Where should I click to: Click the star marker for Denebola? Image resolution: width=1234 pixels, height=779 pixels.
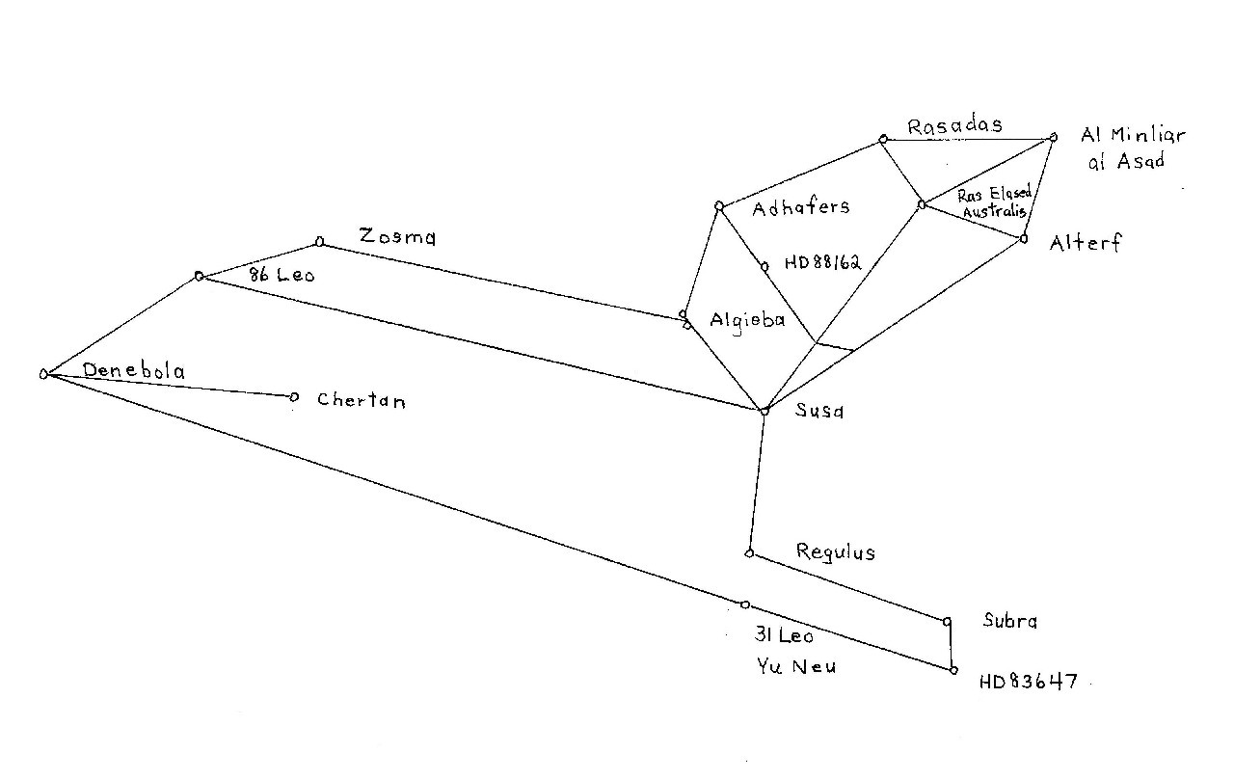coord(43,374)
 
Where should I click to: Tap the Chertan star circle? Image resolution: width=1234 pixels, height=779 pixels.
coord(294,396)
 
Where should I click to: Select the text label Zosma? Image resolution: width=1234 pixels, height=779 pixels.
coord(396,235)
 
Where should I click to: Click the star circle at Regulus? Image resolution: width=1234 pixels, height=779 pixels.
coord(749,553)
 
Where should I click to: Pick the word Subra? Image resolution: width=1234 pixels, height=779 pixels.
coord(1009,622)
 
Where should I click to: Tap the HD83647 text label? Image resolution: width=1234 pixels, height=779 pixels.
coord(1028,683)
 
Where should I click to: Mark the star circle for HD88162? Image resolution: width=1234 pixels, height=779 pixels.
coord(764,267)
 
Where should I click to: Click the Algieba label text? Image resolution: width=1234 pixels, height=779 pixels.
coord(747,320)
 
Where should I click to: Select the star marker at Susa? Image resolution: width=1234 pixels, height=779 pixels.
coord(765,411)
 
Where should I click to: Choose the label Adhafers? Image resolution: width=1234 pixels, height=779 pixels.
coord(800,206)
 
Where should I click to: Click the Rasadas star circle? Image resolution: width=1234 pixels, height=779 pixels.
coord(882,140)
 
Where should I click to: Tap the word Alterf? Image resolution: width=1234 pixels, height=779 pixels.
coord(1085,243)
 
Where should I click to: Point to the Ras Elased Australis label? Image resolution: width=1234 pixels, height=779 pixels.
coord(993,202)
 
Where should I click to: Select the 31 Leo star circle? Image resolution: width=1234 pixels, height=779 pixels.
coord(745,604)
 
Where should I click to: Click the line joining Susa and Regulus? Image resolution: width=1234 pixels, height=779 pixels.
coord(757,482)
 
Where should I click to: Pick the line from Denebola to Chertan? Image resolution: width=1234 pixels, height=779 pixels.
coord(169,386)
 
